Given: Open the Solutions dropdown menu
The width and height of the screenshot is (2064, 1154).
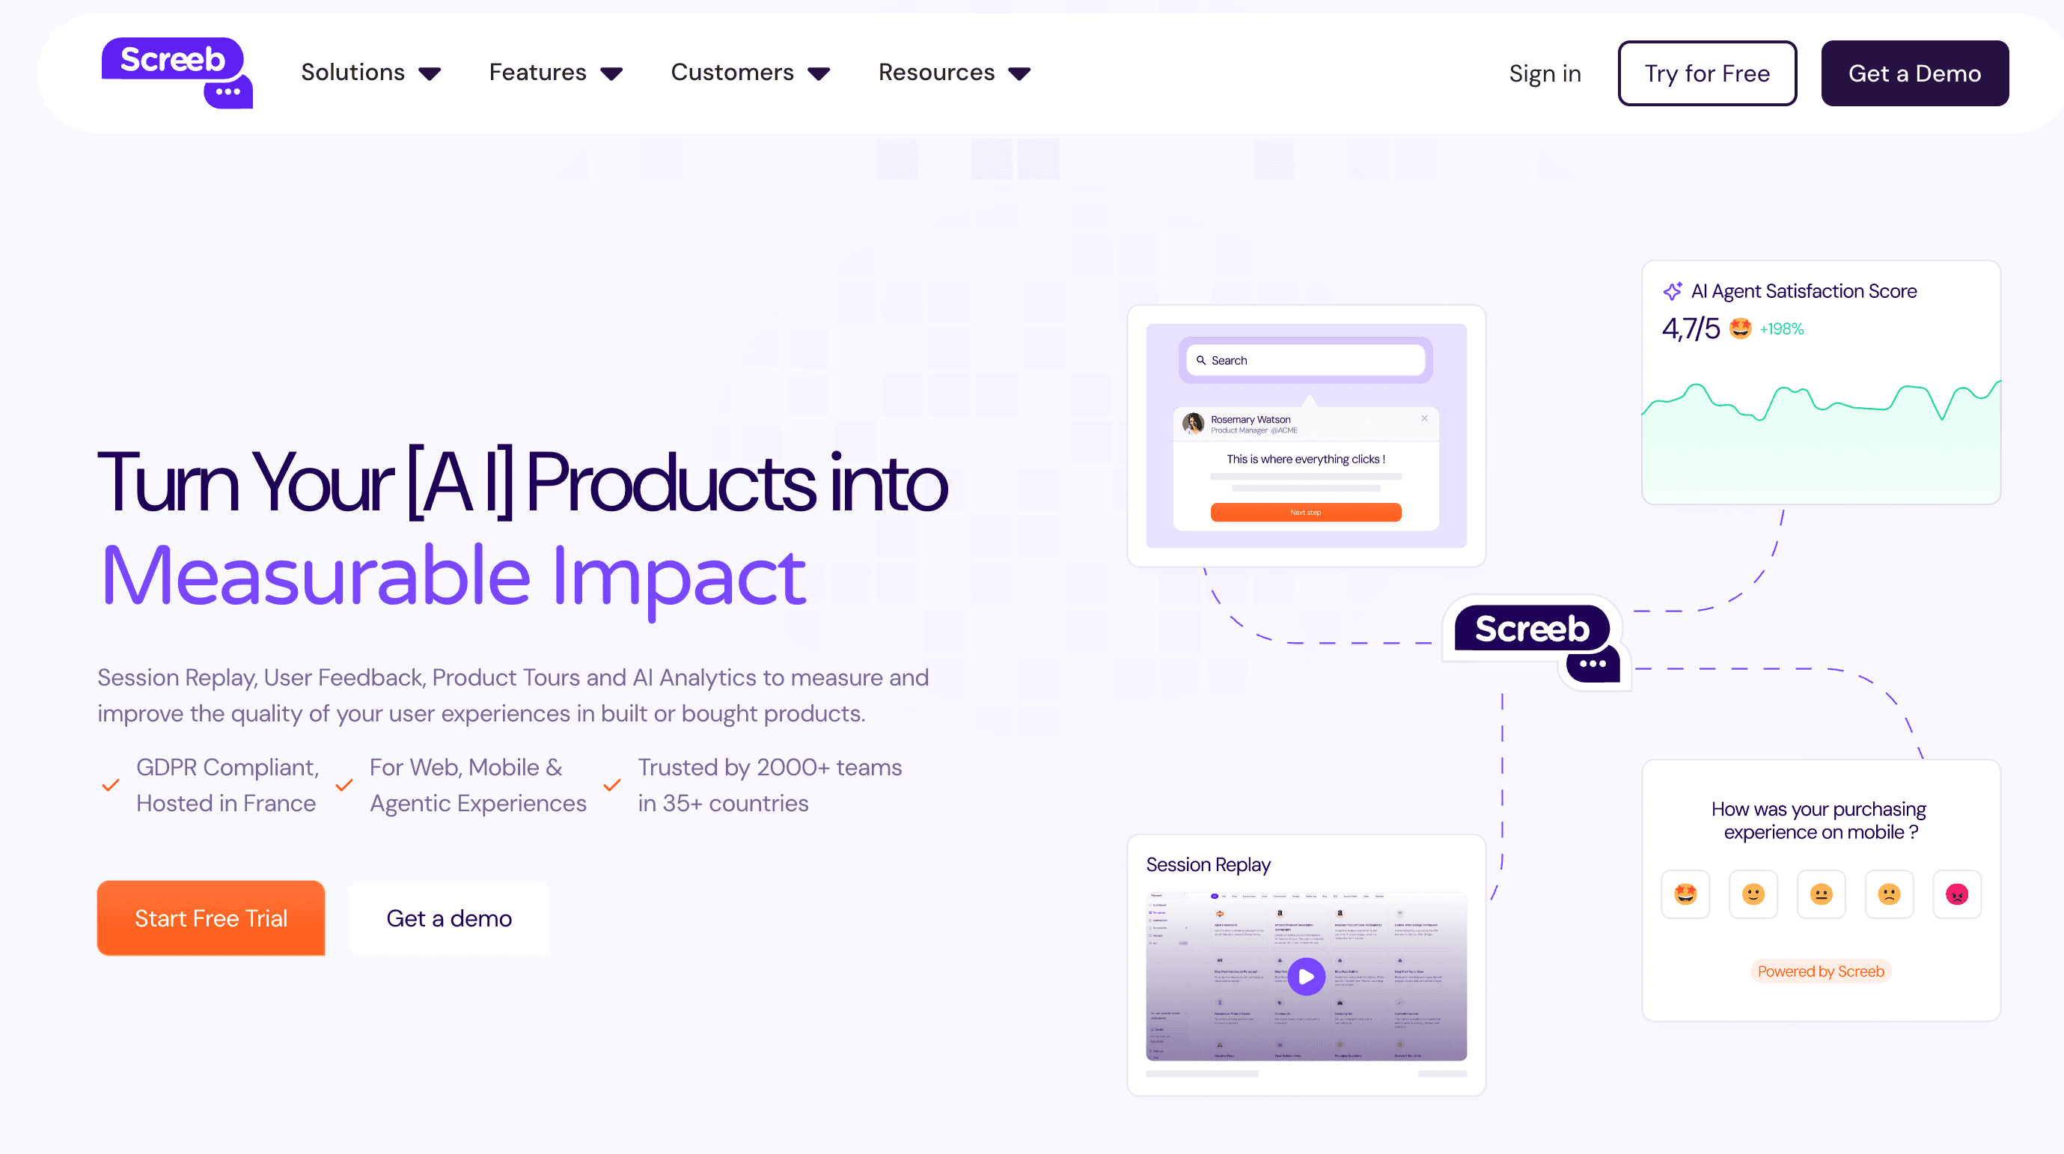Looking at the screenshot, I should pyautogui.click(x=370, y=73).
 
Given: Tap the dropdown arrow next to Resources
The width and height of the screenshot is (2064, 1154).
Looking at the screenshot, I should pyautogui.click(x=1019, y=75).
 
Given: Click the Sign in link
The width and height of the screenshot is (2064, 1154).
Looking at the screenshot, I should pyautogui.click(x=1544, y=74).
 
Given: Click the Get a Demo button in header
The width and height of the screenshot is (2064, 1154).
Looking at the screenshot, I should pyautogui.click(x=1914, y=74).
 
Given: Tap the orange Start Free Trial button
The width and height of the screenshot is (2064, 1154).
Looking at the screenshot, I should pyautogui.click(x=211, y=918).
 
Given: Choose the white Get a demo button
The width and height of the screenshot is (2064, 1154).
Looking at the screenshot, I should pyautogui.click(x=449, y=918).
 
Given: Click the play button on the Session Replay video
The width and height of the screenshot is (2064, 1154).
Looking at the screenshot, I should pyautogui.click(x=1306, y=976).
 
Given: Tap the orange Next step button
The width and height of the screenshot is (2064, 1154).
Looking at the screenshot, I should pyautogui.click(x=1305, y=512).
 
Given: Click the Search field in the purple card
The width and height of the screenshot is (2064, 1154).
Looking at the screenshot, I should pyautogui.click(x=1305, y=361).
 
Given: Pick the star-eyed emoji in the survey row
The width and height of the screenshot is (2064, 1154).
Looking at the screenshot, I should pyautogui.click(x=1685, y=894).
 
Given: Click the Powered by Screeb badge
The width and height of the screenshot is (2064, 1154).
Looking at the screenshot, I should pyautogui.click(x=1821, y=971).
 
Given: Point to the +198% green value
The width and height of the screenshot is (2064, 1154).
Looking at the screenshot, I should pyautogui.click(x=1781, y=329).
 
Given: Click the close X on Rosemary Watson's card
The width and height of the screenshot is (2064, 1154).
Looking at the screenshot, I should pyautogui.click(x=1424, y=418).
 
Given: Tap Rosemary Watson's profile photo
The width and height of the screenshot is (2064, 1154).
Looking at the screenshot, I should pyautogui.click(x=1193, y=423).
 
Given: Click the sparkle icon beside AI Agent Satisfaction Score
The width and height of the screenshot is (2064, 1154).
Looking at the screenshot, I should pyautogui.click(x=1672, y=292).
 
